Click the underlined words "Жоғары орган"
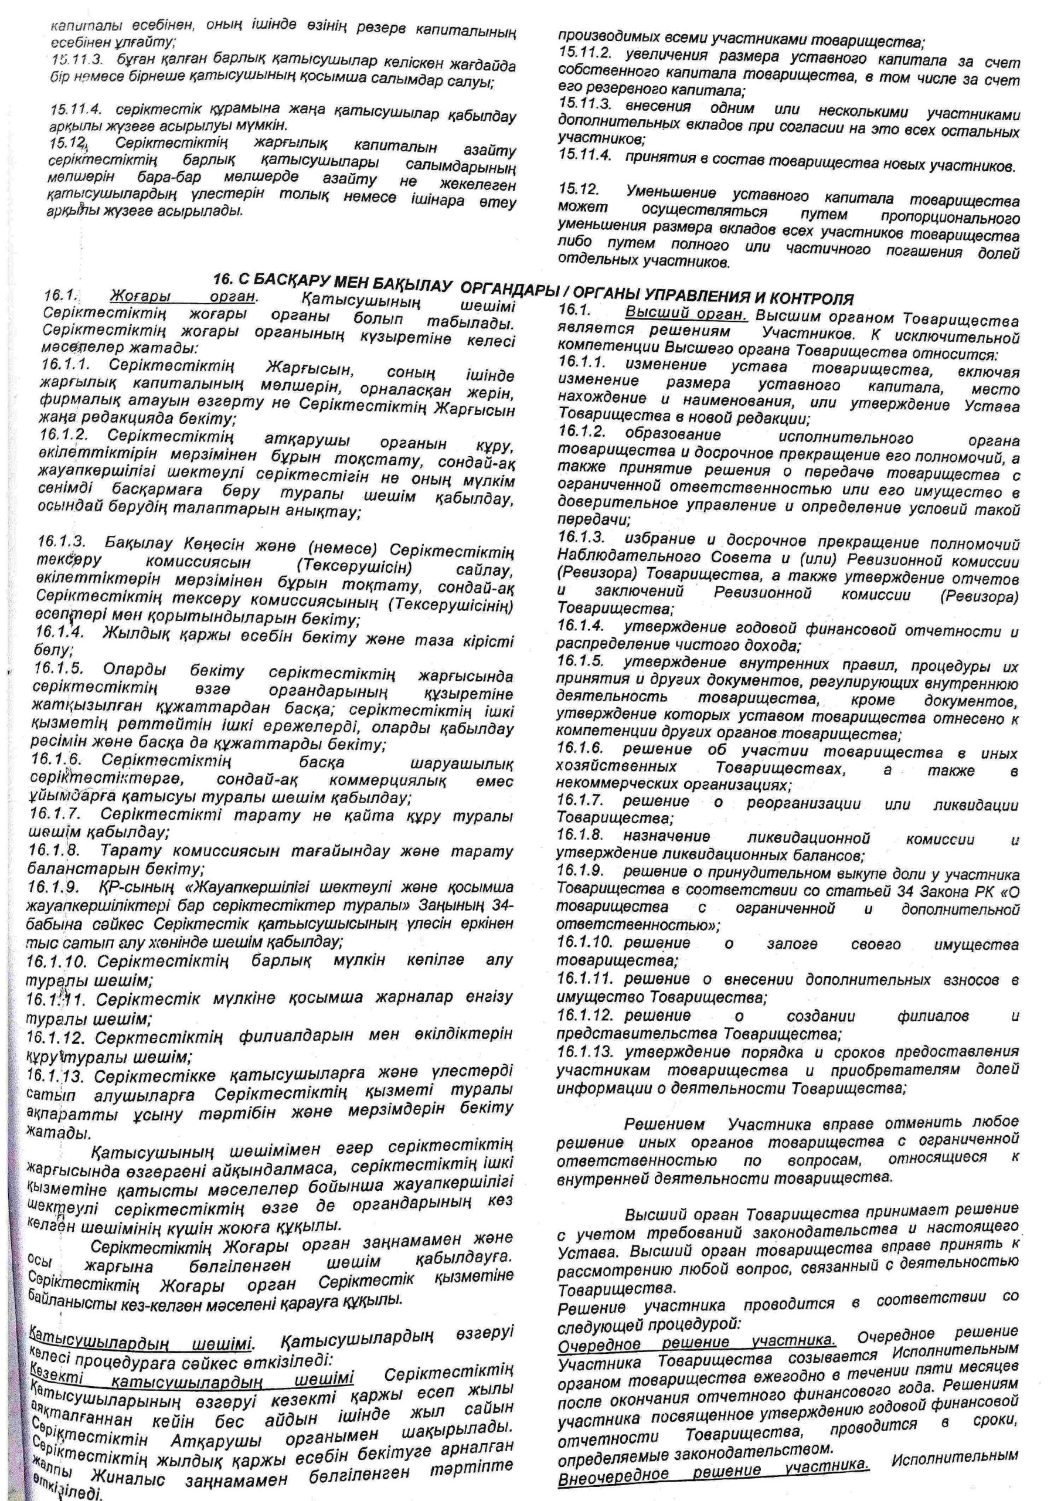pyautogui.click(x=183, y=296)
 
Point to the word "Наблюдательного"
pyautogui.click(x=610, y=557)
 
